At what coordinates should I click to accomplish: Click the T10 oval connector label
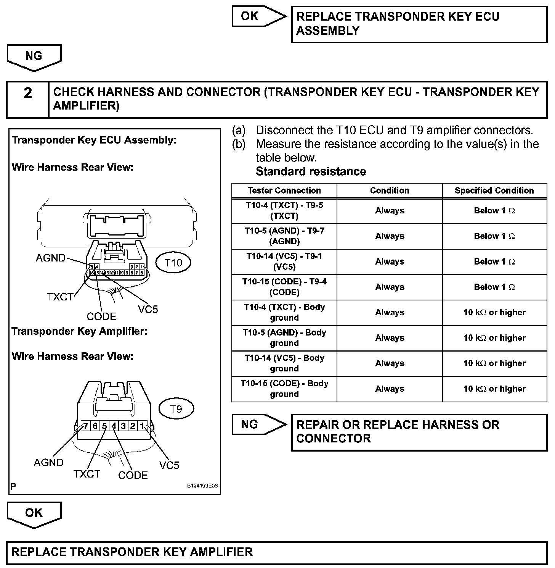point(173,263)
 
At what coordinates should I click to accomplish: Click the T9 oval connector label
point(176,409)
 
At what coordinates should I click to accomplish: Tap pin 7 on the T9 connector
point(86,426)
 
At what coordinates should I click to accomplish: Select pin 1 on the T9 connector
point(142,426)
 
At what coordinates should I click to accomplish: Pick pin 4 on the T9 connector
point(114,426)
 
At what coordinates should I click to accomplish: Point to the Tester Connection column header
point(284,190)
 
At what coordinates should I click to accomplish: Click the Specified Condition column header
point(494,190)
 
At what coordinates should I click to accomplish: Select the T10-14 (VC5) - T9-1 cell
point(284,261)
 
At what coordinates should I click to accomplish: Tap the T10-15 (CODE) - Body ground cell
point(284,389)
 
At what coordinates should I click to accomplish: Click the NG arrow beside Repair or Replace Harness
point(259,424)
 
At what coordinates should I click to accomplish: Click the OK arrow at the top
point(259,16)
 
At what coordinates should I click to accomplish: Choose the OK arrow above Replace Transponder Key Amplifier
point(34,514)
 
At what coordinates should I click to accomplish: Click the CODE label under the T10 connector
point(101,316)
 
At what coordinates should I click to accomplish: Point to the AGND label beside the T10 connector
point(51,258)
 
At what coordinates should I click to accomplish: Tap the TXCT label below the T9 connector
point(87,474)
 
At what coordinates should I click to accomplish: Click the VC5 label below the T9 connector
point(169,465)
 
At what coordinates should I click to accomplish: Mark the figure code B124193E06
point(202,486)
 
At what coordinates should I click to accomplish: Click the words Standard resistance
point(311,171)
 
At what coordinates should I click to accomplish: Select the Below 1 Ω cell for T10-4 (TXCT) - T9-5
point(494,211)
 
